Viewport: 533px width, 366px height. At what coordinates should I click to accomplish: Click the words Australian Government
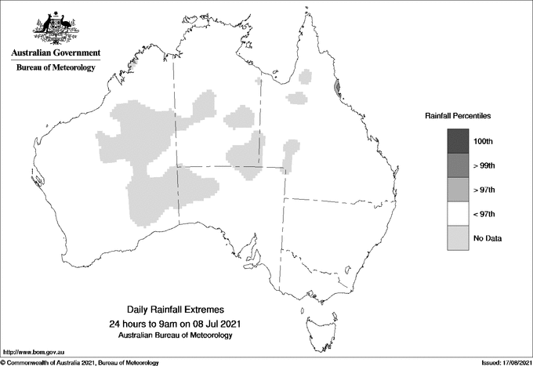click(x=56, y=53)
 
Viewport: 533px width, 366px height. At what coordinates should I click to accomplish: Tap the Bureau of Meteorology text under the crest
click(x=56, y=68)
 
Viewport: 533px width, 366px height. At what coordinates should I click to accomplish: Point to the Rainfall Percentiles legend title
click(x=458, y=115)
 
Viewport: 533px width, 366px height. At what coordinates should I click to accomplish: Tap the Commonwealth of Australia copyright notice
click(x=80, y=362)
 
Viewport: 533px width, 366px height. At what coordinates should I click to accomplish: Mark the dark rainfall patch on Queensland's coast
click(x=338, y=89)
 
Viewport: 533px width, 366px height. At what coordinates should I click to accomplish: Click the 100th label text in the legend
click(x=484, y=141)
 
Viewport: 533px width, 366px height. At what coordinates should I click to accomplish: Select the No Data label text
click(x=488, y=238)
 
